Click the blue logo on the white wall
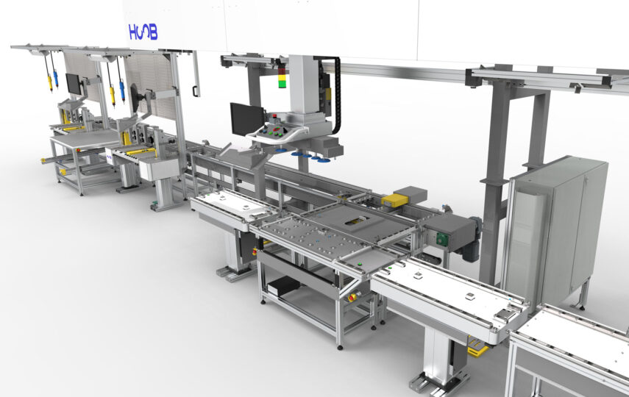(x=143, y=32)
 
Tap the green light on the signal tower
(x=282, y=84)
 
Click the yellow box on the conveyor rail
(x=395, y=200)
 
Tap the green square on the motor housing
(x=441, y=239)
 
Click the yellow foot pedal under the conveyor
(x=477, y=347)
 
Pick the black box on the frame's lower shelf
(x=283, y=285)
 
